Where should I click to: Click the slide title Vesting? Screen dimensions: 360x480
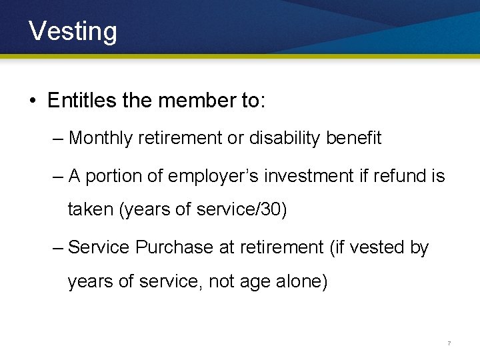73,31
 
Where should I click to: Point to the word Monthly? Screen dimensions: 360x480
100,139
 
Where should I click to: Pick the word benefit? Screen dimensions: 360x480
354,138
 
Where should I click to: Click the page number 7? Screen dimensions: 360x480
449,343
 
